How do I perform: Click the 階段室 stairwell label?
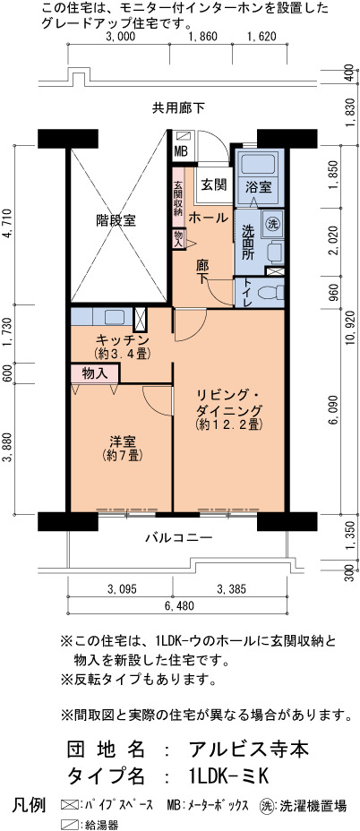[x=116, y=220]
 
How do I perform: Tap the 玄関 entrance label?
[x=214, y=184]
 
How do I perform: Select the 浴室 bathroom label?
[x=260, y=186]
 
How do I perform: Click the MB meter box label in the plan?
[x=181, y=151]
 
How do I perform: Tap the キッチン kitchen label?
[x=122, y=339]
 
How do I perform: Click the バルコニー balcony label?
[x=179, y=538]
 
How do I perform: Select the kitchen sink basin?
[x=114, y=317]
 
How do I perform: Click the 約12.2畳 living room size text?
[x=229, y=424]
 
